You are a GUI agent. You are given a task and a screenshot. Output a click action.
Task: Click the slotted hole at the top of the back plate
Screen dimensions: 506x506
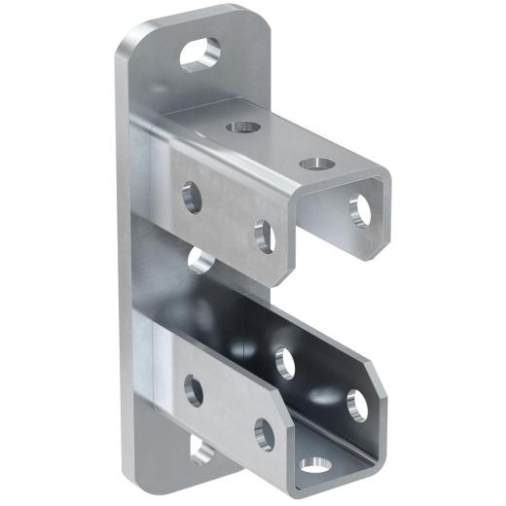(199, 53)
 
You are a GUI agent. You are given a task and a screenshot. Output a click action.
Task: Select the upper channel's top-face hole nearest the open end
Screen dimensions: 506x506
(310, 163)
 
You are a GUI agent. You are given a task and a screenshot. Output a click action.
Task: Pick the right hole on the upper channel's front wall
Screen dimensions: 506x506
(264, 236)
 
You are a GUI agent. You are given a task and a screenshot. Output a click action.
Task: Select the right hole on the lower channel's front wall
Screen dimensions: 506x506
(264, 432)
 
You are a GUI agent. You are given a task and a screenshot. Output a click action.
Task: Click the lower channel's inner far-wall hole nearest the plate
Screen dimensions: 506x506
(285, 362)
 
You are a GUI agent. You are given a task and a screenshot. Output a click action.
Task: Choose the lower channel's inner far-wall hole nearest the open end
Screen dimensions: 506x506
(355, 403)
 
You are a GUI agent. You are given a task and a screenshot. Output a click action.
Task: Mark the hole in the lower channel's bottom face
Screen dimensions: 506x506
(313, 464)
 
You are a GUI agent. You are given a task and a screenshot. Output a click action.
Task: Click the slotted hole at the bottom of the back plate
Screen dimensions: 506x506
(202, 450)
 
